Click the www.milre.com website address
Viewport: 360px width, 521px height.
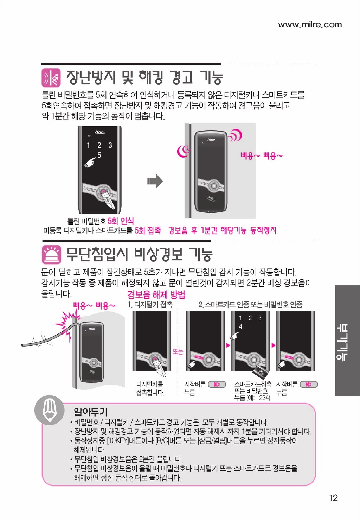310,25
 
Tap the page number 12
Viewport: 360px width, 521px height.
334,498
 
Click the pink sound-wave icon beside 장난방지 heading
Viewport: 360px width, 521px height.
51,78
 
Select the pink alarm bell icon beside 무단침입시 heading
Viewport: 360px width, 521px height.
51,254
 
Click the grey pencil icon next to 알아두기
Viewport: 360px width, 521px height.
49,410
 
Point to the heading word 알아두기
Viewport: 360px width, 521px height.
90,412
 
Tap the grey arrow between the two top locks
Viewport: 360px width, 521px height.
155,181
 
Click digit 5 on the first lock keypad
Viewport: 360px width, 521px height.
99,155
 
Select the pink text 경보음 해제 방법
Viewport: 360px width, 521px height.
156,295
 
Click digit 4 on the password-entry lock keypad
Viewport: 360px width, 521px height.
240,327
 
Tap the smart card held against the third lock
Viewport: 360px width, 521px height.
262,370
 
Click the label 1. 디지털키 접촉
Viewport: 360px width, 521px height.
150,304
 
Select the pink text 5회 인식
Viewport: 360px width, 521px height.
121,221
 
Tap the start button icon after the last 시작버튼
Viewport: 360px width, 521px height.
309,385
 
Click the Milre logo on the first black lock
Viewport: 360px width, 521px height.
100,132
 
